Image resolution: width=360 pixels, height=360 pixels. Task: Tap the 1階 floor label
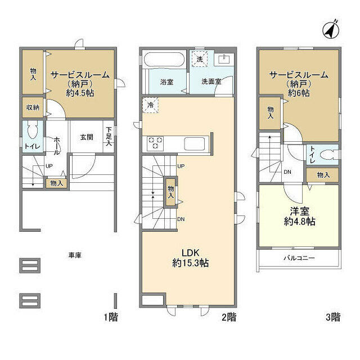click(110, 317)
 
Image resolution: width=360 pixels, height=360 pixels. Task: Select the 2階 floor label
click(228, 317)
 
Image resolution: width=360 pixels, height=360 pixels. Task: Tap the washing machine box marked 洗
click(200, 58)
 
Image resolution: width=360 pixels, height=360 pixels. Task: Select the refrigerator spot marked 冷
click(150, 105)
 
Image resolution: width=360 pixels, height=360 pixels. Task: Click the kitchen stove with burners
click(156, 143)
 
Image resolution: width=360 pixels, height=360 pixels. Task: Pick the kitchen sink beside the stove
click(195, 143)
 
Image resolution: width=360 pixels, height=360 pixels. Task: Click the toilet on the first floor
click(33, 132)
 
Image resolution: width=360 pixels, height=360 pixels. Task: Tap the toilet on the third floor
click(326, 154)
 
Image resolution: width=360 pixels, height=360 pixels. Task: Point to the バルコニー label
click(299, 258)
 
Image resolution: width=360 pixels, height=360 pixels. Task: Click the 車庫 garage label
click(75, 255)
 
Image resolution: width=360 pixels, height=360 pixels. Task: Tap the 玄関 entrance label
click(86, 136)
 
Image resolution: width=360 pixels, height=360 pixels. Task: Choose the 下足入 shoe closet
click(109, 136)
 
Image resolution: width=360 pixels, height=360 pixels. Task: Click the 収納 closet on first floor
click(32, 107)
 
